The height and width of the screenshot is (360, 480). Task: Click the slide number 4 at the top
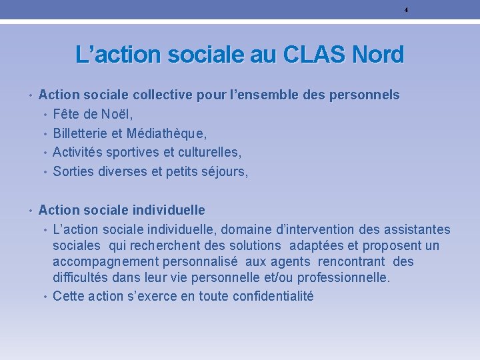click(406, 9)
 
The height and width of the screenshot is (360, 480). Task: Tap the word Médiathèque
click(167, 133)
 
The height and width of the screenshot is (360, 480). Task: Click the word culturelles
click(203, 153)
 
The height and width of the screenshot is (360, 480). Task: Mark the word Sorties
click(73, 172)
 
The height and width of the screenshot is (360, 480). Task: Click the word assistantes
click(413, 230)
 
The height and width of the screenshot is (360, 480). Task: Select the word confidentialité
click(273, 296)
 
